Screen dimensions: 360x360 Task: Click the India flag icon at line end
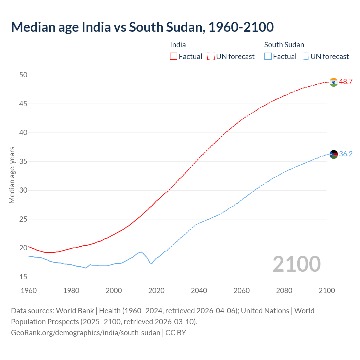(x=334, y=82)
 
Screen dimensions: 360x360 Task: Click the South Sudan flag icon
(x=334, y=154)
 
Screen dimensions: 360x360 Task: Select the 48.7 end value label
(x=346, y=82)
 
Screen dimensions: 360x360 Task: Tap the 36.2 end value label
(x=346, y=154)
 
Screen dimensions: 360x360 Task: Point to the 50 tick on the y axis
(x=23, y=75)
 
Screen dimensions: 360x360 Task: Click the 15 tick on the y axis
(x=23, y=277)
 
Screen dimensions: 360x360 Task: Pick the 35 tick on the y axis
(x=23, y=161)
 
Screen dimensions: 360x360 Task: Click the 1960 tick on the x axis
(x=29, y=291)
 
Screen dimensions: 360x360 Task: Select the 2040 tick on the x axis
(x=199, y=291)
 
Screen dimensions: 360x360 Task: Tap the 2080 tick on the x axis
(x=284, y=291)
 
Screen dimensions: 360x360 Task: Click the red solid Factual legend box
(x=174, y=57)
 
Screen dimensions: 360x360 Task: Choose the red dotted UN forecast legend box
(x=211, y=57)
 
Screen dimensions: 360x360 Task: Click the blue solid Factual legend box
(x=268, y=57)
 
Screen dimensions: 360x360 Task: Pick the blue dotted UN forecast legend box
(x=305, y=57)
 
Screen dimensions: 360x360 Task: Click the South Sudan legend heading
(x=284, y=45)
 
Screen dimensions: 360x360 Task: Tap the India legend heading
(x=178, y=45)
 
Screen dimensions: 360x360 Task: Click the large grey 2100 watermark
(x=296, y=264)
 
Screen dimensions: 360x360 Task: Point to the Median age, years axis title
(x=12, y=175)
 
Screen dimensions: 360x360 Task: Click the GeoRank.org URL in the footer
(x=85, y=333)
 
